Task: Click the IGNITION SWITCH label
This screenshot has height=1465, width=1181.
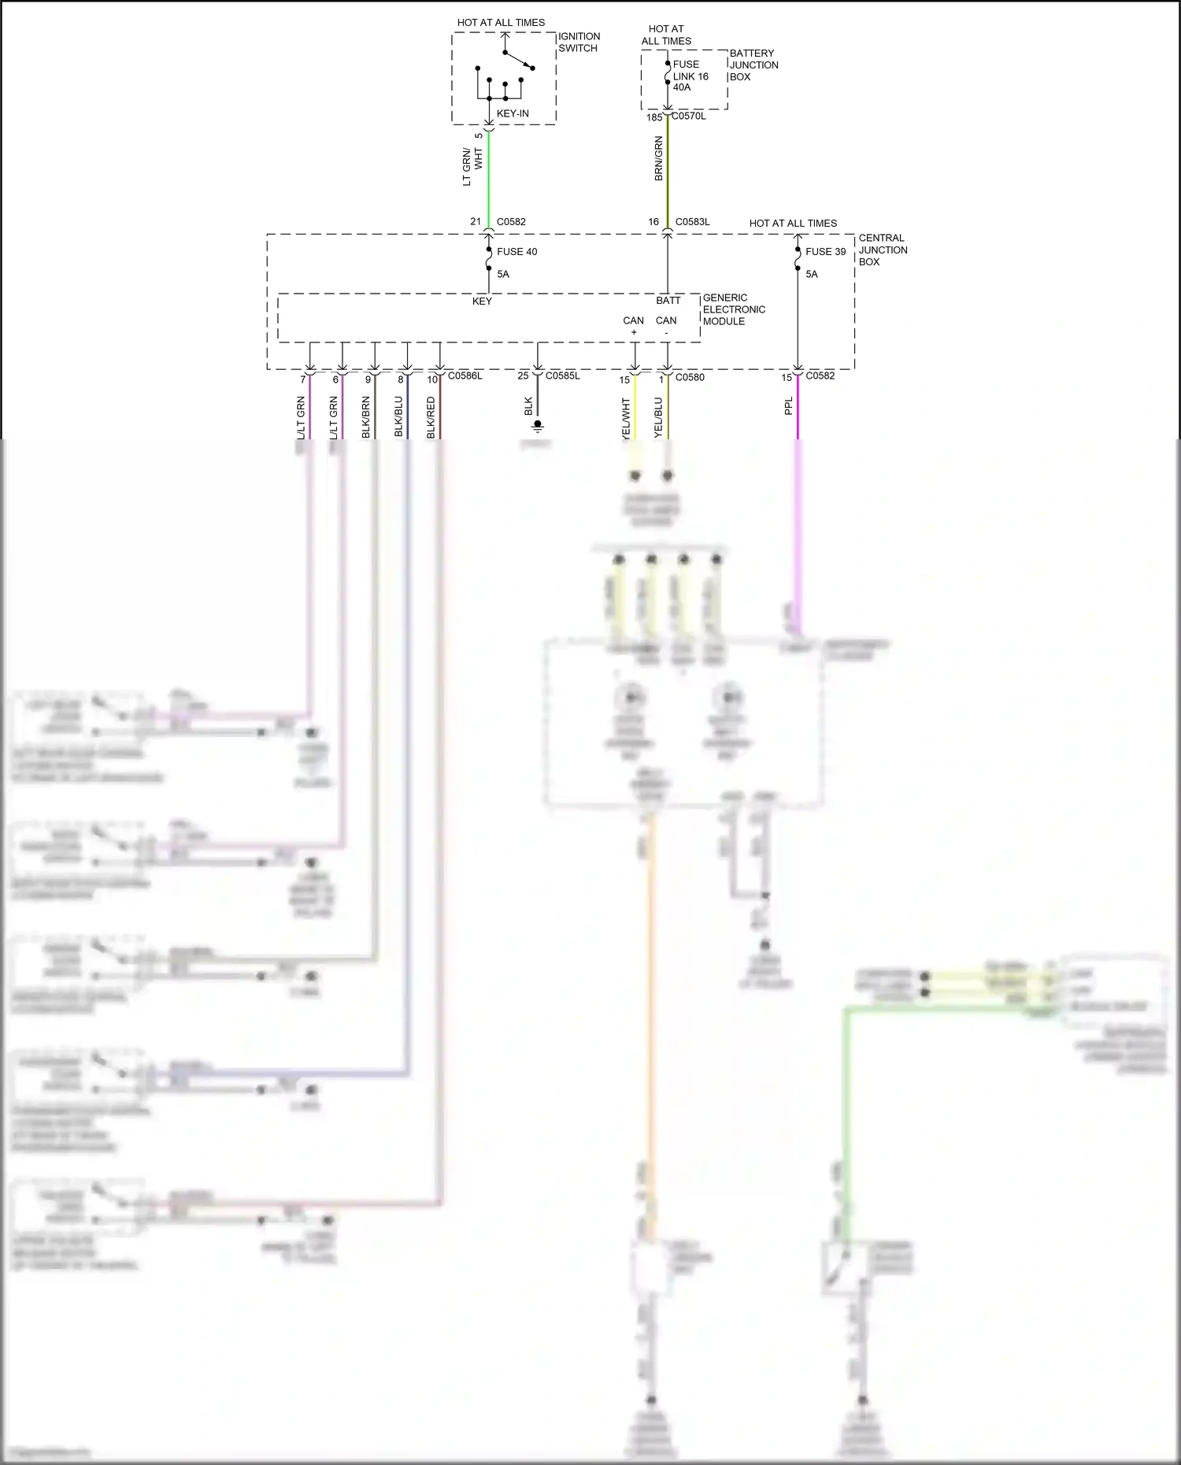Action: coord(579,43)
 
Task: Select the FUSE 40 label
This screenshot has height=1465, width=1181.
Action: coord(516,252)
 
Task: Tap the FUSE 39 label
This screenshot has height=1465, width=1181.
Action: coord(825,252)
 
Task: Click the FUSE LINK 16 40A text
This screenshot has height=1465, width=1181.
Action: coord(690,76)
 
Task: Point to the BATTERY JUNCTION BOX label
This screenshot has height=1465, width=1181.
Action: coord(753,65)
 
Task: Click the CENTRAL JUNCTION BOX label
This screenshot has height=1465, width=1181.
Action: coord(883,250)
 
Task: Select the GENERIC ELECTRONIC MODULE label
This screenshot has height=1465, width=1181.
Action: coord(734,309)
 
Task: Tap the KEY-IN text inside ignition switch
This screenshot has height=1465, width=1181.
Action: coord(513,113)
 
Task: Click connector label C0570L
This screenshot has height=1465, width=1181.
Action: coord(688,117)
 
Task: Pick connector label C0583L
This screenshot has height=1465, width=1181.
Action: coord(692,222)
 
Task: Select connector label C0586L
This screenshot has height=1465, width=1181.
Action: coord(465,376)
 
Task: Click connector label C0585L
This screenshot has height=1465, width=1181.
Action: coord(562,376)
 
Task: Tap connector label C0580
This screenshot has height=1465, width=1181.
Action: coord(690,377)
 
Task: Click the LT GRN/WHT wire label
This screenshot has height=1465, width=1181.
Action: coord(472,167)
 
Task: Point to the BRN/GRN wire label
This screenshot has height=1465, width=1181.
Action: coord(659,159)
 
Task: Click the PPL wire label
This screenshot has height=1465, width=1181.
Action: coord(789,406)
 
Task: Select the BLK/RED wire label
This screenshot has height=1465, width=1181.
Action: coord(431,417)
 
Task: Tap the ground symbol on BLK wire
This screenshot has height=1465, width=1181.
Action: coord(538,426)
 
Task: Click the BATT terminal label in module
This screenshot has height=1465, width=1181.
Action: coord(668,301)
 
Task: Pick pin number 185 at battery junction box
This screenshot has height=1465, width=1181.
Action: coord(654,117)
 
